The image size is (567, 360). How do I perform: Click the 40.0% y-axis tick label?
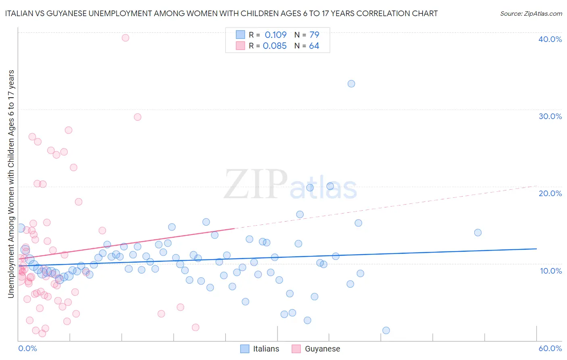(x=550, y=39)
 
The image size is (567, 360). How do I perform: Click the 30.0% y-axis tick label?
(x=550, y=116)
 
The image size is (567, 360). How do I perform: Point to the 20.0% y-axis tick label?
(x=550, y=193)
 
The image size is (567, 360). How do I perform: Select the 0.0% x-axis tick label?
(x=27, y=348)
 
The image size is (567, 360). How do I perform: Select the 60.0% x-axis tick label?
(x=550, y=348)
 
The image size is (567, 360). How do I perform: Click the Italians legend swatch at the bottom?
(x=245, y=349)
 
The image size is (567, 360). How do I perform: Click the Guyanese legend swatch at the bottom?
(x=296, y=349)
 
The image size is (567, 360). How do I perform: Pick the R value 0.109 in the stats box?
(x=275, y=35)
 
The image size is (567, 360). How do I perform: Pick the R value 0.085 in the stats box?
(x=275, y=46)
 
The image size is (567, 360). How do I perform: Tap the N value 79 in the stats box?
(x=314, y=35)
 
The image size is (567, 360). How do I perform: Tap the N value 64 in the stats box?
(x=314, y=46)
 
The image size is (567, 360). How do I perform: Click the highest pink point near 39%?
(x=125, y=38)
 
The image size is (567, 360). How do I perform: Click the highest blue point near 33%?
(x=351, y=84)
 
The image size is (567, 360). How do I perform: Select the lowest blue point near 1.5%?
(x=386, y=331)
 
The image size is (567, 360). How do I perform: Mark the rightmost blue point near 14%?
(x=478, y=232)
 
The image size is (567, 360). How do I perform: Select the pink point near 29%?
(x=138, y=117)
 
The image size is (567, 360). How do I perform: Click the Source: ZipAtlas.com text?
(x=531, y=14)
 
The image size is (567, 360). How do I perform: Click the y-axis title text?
(x=11, y=184)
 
